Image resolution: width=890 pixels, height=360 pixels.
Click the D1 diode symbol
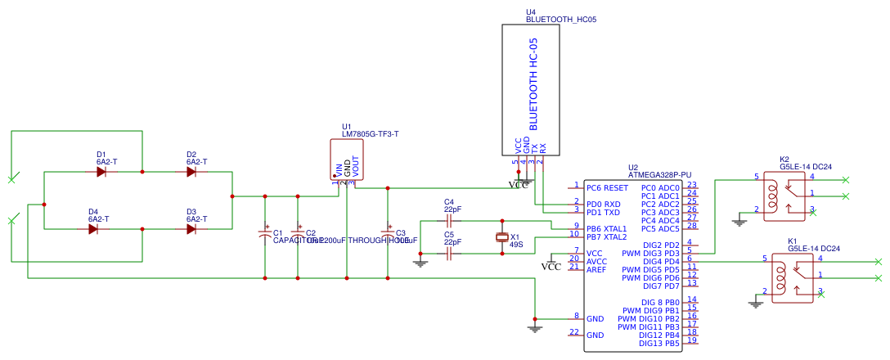point(101,172)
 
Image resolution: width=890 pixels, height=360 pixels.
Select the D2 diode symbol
point(191,172)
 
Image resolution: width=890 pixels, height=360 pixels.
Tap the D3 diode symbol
point(191,229)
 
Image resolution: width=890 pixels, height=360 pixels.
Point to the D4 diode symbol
point(93,229)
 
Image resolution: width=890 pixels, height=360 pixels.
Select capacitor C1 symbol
point(264,233)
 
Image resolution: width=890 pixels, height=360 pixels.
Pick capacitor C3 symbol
point(388,233)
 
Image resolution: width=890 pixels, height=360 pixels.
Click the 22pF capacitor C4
point(448,221)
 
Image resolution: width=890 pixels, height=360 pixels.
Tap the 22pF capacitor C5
point(448,254)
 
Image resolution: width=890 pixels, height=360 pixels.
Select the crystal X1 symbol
point(502,237)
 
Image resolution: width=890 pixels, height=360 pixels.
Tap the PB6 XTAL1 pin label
point(607,228)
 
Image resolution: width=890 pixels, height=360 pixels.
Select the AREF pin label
point(597,269)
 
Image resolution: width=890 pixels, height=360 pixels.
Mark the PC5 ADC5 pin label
point(661,228)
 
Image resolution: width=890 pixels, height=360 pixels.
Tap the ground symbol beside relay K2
point(739,219)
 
